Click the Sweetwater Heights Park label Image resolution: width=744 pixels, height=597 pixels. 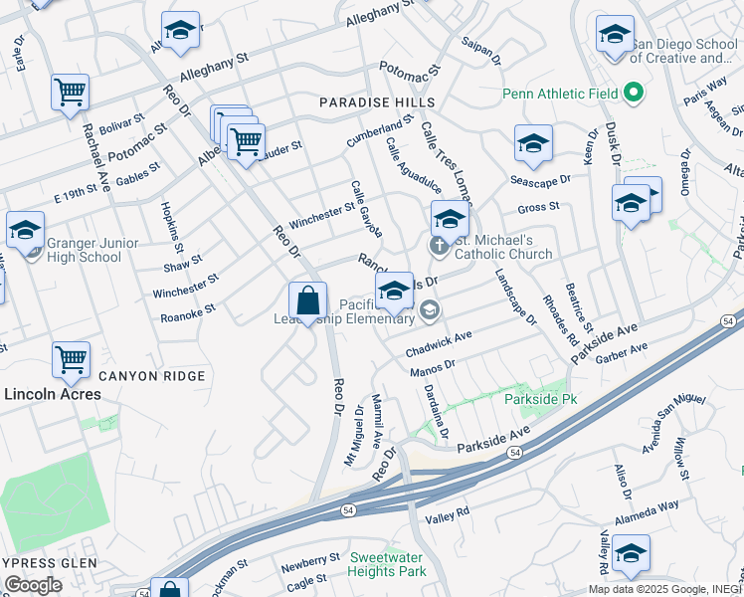[x=388, y=564]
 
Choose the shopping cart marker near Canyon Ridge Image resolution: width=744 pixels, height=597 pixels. [x=72, y=360]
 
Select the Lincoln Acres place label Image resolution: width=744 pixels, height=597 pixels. [x=53, y=394]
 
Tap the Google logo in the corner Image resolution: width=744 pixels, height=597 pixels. [x=32, y=585]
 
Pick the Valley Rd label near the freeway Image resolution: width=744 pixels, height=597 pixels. [x=447, y=513]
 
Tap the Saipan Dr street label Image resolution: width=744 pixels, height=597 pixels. [x=481, y=51]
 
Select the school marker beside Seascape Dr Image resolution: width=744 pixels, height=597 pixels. [x=533, y=145]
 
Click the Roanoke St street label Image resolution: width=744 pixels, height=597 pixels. [x=188, y=314]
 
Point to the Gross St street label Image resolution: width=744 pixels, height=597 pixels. [x=538, y=208]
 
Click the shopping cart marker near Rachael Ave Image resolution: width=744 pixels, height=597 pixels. [x=71, y=93]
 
